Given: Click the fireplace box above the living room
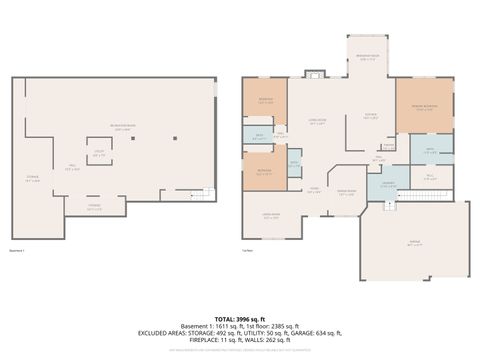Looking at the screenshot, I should pos(315,73).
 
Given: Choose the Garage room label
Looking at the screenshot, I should pos(413,243).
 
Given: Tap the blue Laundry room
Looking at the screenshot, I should pos(386,184).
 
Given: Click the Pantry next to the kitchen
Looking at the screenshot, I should pos(388,146).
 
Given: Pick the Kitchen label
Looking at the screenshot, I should pos(371,117).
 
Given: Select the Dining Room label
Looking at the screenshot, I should pos(346,194).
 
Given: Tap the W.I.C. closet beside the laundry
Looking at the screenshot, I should pos(431,177).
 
